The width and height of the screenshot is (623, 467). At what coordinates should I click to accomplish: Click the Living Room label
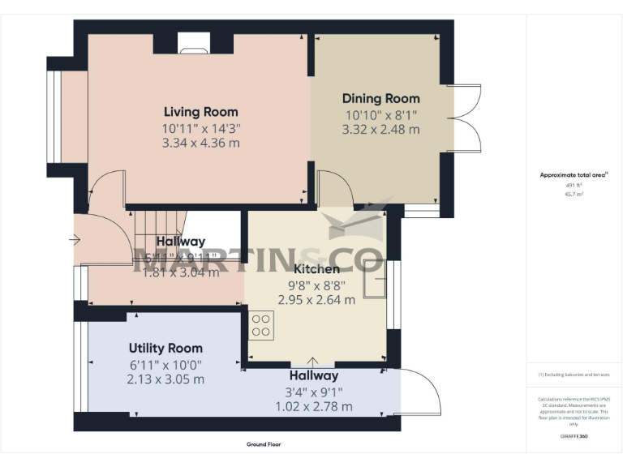point(200,112)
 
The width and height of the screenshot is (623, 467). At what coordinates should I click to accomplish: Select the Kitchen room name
point(316,268)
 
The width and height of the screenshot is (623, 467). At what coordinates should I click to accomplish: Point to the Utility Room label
point(165,348)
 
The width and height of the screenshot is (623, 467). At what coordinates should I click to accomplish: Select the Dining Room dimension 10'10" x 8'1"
point(380,114)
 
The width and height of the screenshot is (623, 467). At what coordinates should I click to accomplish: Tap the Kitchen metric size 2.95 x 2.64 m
point(316,299)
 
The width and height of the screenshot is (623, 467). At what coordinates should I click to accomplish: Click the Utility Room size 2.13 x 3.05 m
point(165,379)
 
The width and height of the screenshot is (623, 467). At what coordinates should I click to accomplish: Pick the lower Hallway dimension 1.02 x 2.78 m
point(314,406)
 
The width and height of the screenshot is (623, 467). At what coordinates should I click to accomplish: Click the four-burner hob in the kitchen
point(261,325)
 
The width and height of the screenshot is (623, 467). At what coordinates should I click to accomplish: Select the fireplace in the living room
point(193,45)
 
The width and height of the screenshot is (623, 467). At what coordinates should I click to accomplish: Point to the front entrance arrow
point(75,240)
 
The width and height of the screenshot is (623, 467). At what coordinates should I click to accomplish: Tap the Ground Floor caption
point(264,444)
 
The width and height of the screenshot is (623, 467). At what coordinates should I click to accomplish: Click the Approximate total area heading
point(574,175)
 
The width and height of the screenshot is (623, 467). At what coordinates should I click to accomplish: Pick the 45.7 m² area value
point(574,193)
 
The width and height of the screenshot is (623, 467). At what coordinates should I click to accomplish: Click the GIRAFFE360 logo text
point(574,438)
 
